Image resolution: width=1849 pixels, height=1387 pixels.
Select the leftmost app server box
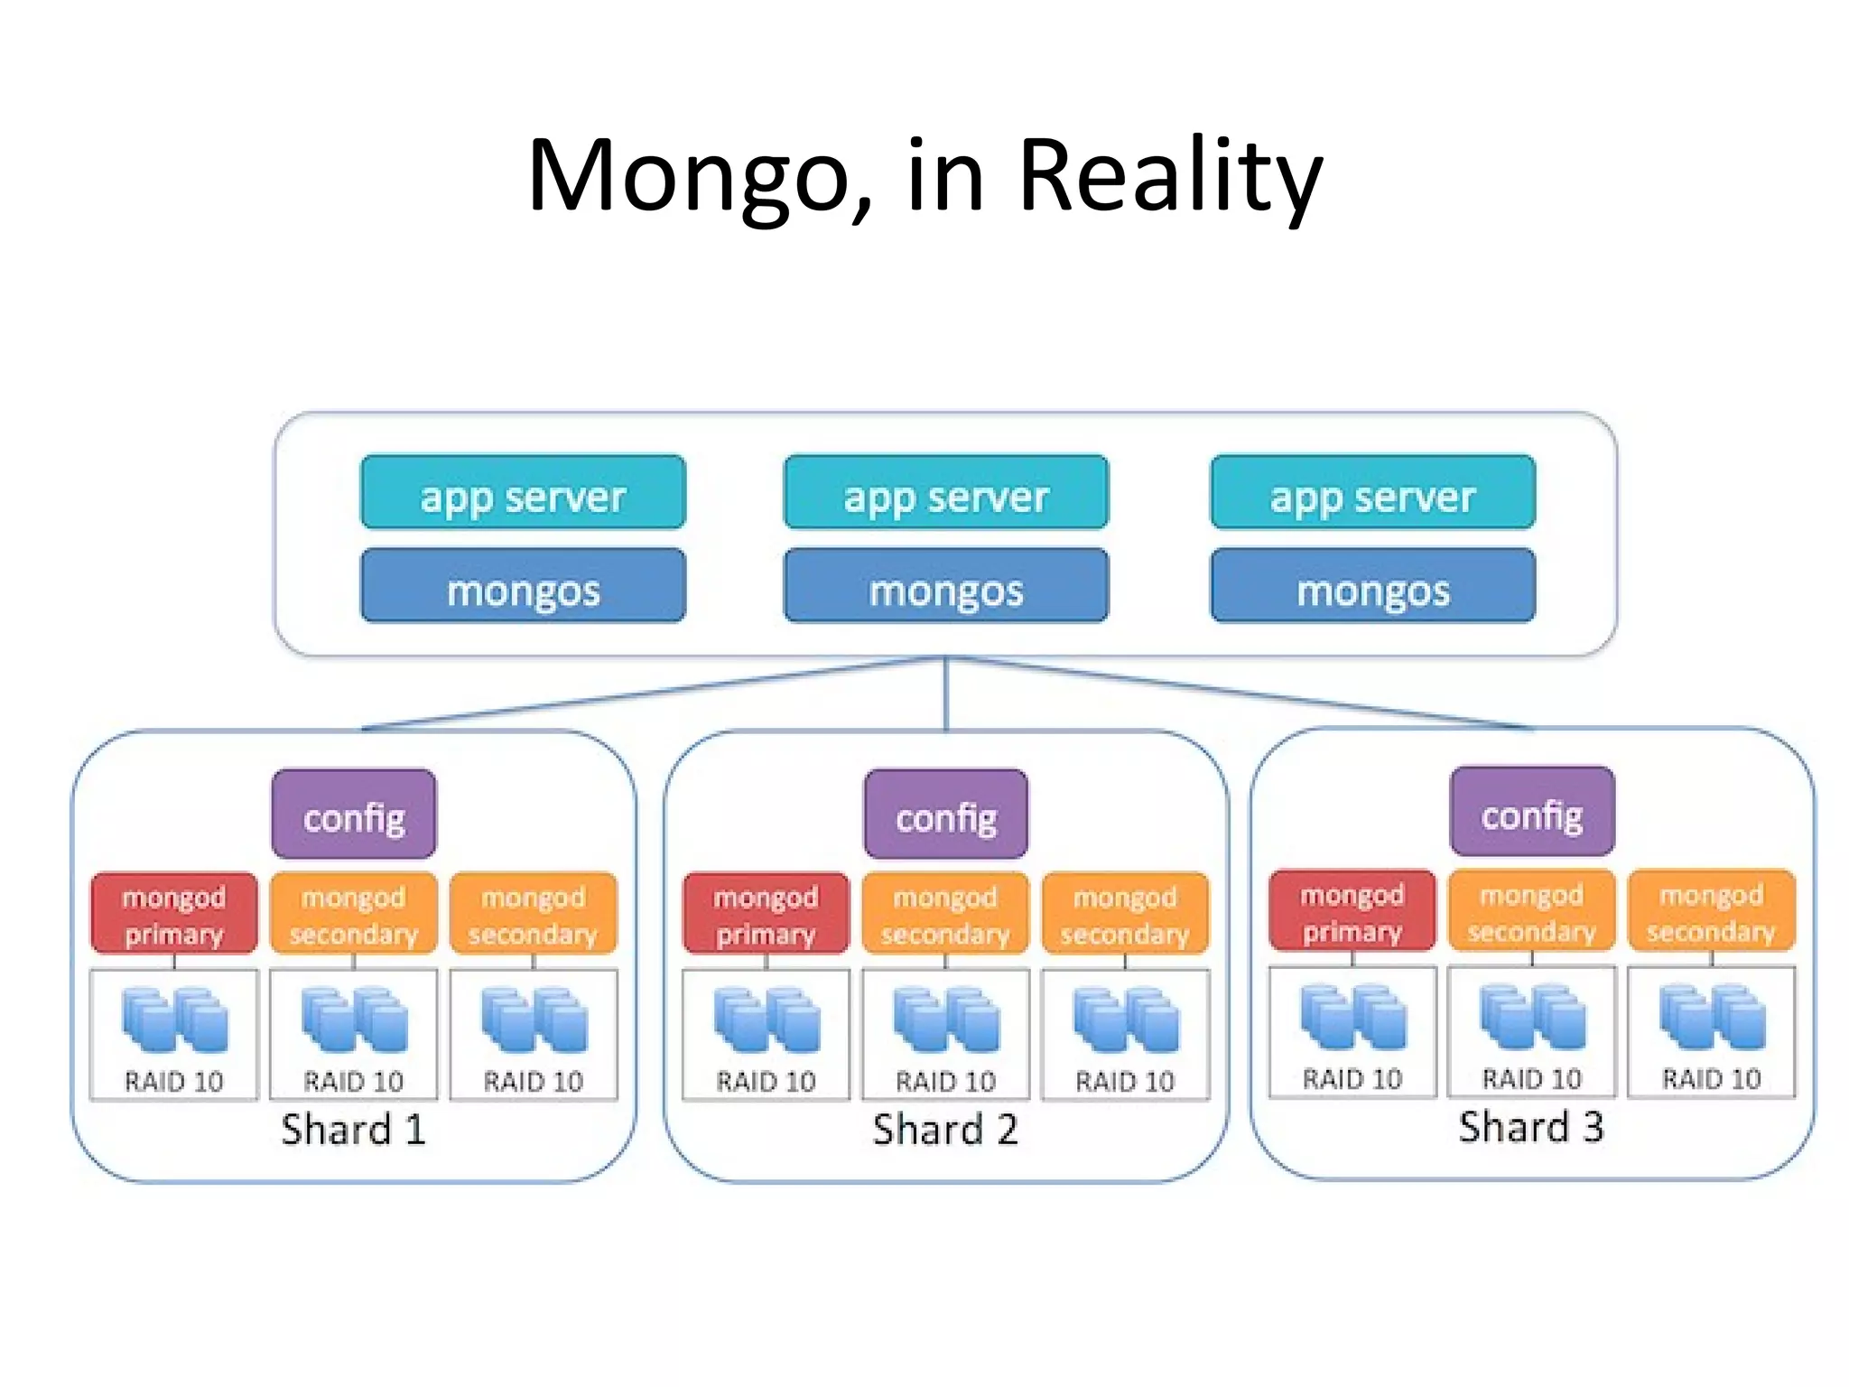[x=523, y=492]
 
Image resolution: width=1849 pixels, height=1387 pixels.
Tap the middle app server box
[x=945, y=492]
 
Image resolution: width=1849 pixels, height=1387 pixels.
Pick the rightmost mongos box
[x=1372, y=586]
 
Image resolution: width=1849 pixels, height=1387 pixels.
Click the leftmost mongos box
[x=523, y=586]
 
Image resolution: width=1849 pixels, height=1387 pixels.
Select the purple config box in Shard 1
[x=353, y=814]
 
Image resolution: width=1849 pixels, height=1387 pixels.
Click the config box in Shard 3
[x=1531, y=811]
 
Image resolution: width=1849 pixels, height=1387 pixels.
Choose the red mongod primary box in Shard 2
[x=766, y=913]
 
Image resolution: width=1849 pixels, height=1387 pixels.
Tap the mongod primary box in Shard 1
[x=173, y=913]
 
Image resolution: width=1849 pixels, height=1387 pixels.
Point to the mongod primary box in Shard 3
[x=1352, y=910]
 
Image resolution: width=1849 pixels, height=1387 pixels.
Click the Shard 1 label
[x=353, y=1130]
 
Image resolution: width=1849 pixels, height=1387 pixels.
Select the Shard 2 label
[x=945, y=1130]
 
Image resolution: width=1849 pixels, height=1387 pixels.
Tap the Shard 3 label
[x=1531, y=1127]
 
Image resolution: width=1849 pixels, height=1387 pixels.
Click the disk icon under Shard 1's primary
[x=174, y=1020]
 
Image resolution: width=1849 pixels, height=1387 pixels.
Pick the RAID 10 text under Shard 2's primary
[x=766, y=1081]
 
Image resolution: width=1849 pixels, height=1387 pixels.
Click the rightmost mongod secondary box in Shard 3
[x=1711, y=910]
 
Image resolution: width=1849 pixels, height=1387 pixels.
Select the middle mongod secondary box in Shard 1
[x=353, y=913]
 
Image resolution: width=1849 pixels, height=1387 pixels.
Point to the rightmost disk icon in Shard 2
[x=1125, y=1020]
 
